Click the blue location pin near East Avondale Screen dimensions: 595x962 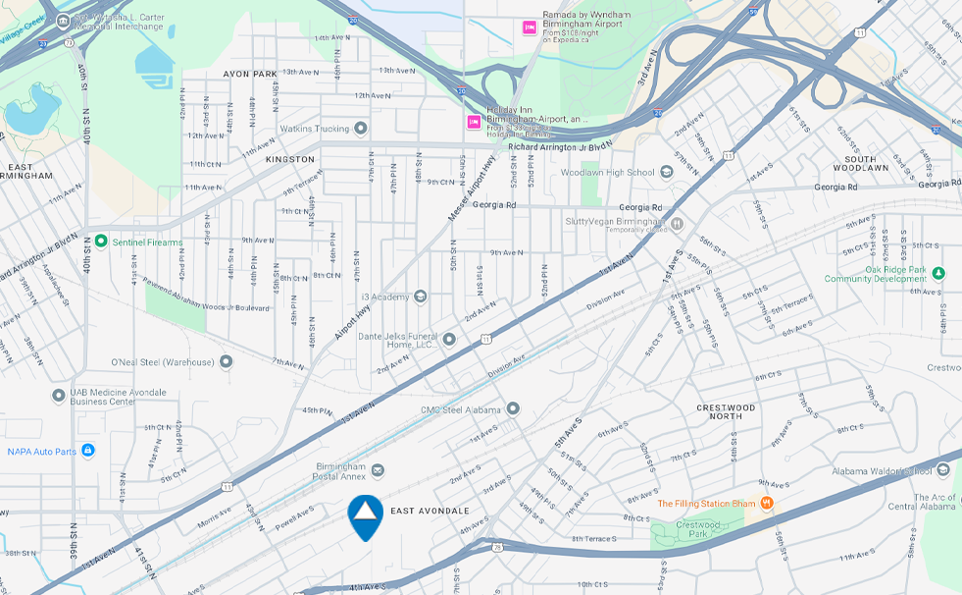pyautogui.click(x=365, y=514)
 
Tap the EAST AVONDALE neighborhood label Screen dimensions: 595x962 pyautogui.click(x=430, y=511)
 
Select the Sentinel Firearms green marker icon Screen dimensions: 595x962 pyautogui.click(x=100, y=242)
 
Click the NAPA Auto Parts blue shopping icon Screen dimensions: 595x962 pyautogui.click(x=87, y=451)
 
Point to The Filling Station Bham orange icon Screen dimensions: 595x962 pyautogui.click(x=767, y=504)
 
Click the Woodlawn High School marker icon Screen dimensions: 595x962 pyautogui.click(x=666, y=173)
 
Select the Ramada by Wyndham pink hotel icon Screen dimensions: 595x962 pyautogui.click(x=530, y=27)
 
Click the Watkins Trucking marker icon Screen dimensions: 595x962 pyautogui.click(x=361, y=129)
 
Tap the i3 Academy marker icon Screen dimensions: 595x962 pyautogui.click(x=420, y=297)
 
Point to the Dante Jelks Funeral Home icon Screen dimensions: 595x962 pyautogui.click(x=449, y=340)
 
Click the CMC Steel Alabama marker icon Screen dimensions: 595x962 pyautogui.click(x=513, y=408)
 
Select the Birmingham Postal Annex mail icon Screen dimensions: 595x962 pyautogui.click(x=378, y=471)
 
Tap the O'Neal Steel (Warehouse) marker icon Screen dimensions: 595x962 pyautogui.click(x=227, y=362)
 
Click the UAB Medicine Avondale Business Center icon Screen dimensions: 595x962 pyautogui.click(x=59, y=396)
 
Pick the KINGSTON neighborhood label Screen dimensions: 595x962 pyautogui.click(x=290, y=159)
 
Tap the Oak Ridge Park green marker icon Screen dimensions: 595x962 pyautogui.click(x=938, y=273)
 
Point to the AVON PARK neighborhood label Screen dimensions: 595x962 pyautogui.click(x=251, y=74)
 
